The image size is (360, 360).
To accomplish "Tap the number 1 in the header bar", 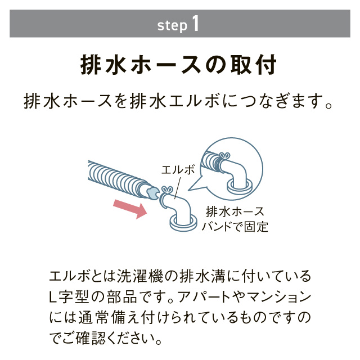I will click(195, 24).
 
